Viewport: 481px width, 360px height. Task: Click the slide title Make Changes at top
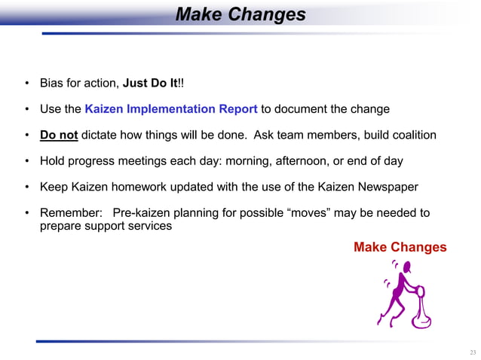coord(240,15)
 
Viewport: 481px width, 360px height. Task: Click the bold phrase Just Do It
coord(151,82)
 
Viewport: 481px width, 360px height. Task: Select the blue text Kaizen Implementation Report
coord(171,108)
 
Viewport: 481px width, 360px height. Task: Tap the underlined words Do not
coord(59,135)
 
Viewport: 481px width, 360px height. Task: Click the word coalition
coord(409,135)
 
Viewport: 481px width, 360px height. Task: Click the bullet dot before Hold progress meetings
coord(27,160)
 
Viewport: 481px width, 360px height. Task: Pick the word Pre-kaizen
coord(143,213)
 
